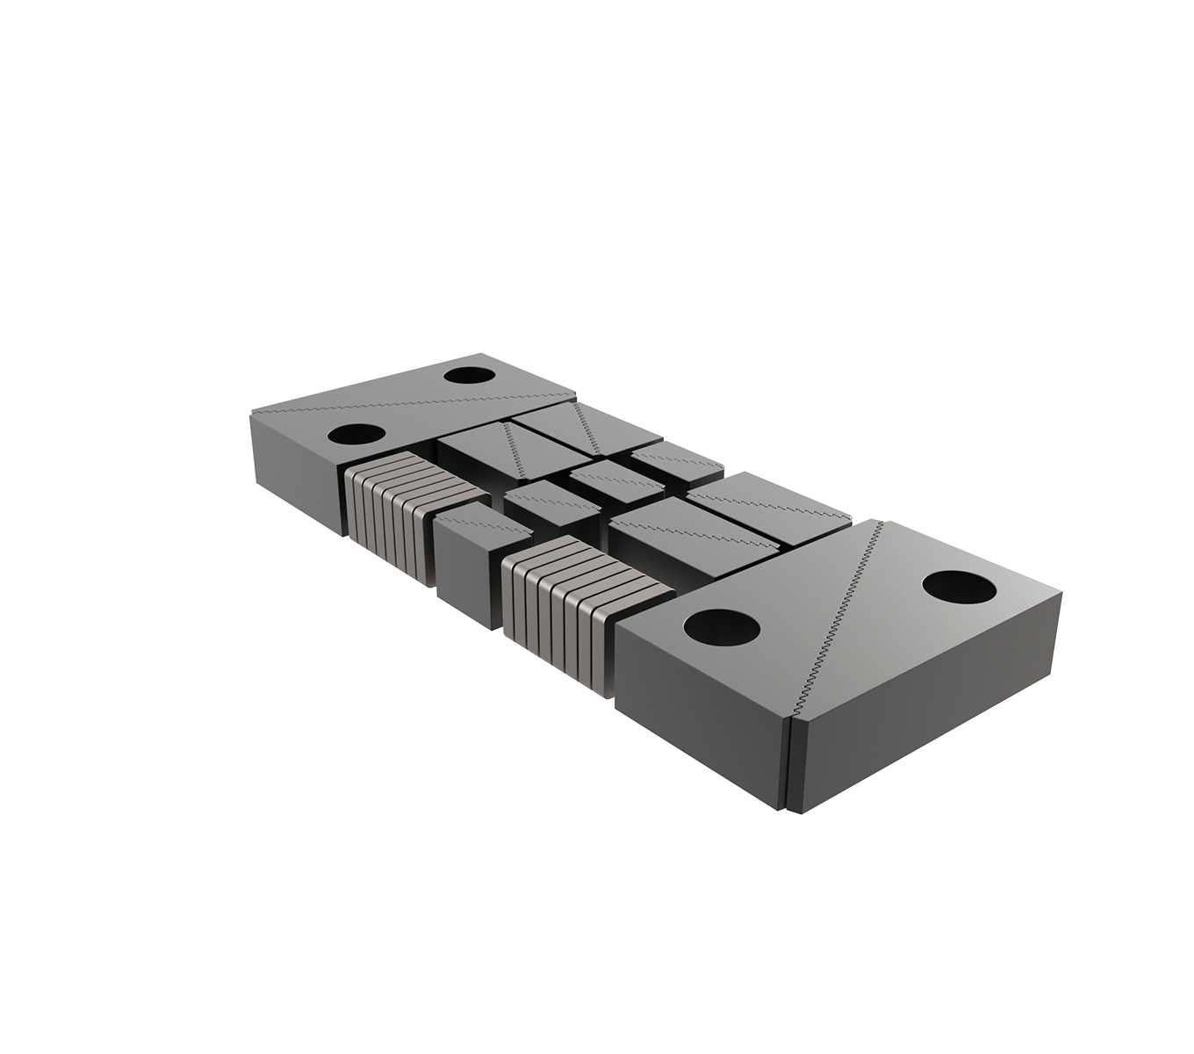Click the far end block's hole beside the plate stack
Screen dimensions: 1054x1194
[x=356, y=434]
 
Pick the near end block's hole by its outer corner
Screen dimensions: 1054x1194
[x=959, y=587]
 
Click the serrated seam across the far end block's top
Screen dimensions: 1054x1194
[x=413, y=404]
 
